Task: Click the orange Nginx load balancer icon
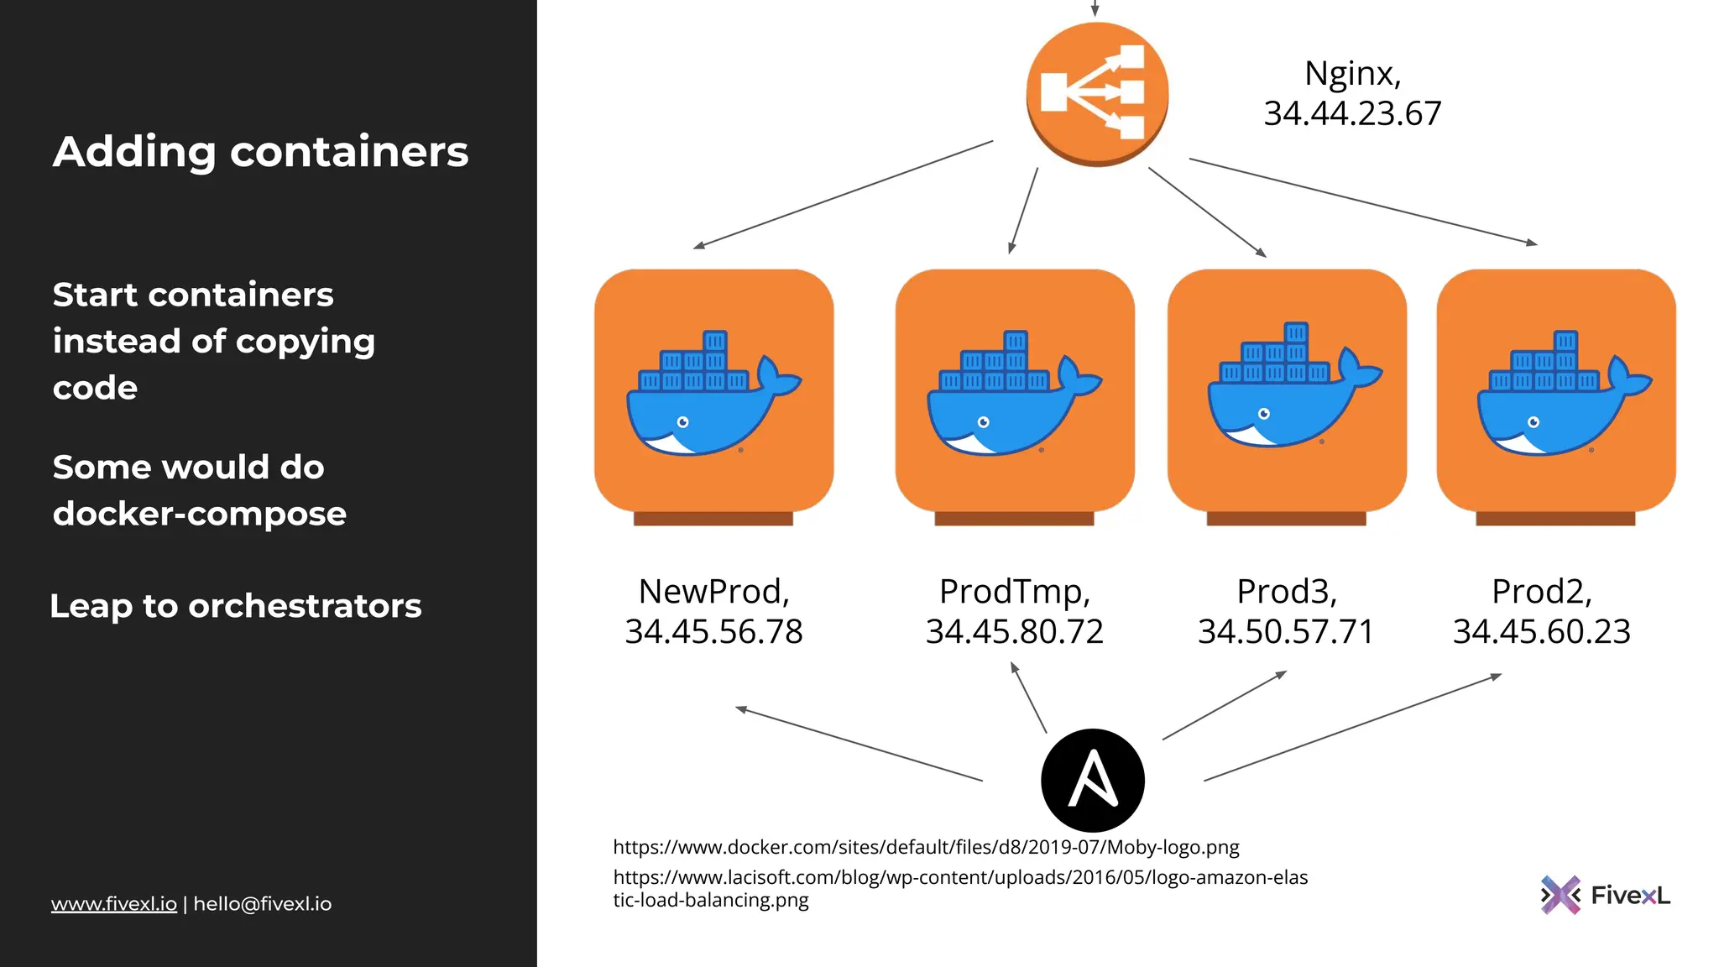click(x=1097, y=93)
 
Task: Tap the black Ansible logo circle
click(x=1092, y=780)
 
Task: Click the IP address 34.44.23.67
click(x=1352, y=113)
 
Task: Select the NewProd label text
click(x=713, y=592)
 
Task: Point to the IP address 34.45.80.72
click(x=1014, y=632)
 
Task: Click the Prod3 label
click(x=1286, y=592)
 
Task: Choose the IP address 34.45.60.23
click(x=1541, y=632)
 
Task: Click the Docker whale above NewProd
click(x=713, y=395)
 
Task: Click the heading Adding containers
click(x=260, y=152)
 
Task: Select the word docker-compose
click(x=199, y=514)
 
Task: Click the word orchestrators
click(x=305, y=606)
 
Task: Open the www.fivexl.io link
click(x=113, y=904)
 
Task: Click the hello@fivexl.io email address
click(x=263, y=904)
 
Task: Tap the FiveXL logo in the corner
click(x=1604, y=895)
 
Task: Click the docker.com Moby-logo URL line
click(x=926, y=847)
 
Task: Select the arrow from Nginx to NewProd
click(x=843, y=195)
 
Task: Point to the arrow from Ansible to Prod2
click(x=1351, y=728)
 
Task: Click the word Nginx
click(x=1351, y=74)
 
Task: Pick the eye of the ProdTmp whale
click(x=984, y=422)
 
